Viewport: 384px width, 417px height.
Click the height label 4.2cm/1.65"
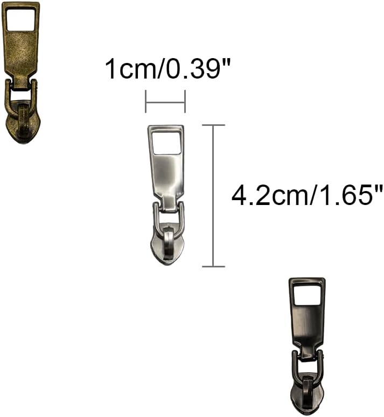point(306,195)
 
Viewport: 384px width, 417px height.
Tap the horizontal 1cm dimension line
point(165,101)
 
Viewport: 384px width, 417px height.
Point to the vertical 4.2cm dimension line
point(214,195)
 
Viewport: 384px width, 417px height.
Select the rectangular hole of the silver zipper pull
point(166,143)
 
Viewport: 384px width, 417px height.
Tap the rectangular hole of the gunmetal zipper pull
point(307,294)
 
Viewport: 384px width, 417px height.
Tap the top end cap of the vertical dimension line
point(214,125)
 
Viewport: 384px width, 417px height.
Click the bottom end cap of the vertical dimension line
point(214,266)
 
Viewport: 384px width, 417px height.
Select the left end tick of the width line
point(145,101)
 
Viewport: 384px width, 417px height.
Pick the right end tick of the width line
point(185,101)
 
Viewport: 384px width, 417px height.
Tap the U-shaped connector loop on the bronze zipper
point(22,91)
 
